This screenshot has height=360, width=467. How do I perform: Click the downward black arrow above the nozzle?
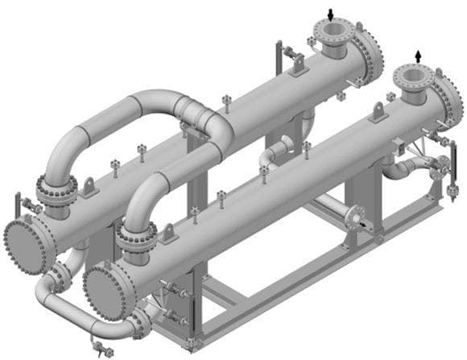[331, 14]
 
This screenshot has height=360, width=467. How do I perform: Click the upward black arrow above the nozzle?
[417, 54]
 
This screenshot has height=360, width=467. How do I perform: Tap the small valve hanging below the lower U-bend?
[101, 349]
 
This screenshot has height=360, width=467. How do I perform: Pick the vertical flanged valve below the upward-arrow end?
[440, 168]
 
